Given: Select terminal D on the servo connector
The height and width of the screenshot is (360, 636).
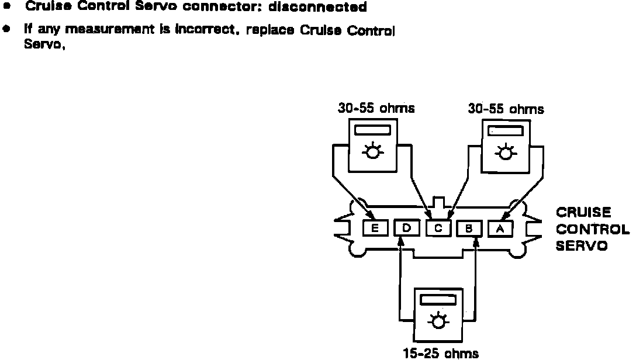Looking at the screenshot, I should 406,229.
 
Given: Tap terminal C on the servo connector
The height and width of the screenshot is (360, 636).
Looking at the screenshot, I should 438,229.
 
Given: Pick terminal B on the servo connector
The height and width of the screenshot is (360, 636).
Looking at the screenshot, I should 469,229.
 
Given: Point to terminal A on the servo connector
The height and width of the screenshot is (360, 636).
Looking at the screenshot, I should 500,229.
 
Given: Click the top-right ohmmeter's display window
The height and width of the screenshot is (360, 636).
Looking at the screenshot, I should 504,130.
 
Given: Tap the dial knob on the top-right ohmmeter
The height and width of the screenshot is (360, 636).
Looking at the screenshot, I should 504,153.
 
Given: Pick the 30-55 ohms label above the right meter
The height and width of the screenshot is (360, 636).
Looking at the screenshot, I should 506,109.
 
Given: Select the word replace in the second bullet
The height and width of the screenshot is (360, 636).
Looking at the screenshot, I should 271,30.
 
